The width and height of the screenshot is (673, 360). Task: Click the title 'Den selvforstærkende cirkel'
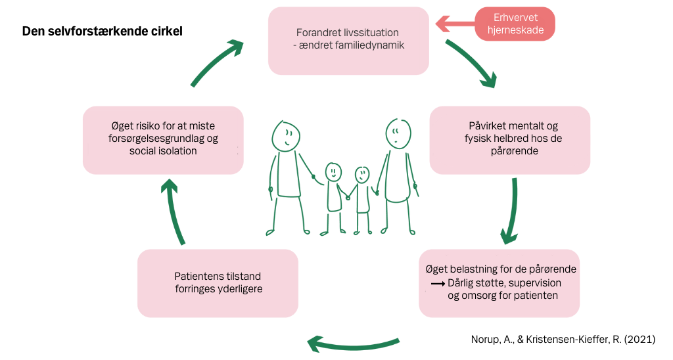102,32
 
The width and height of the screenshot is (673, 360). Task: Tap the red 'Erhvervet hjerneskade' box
515,24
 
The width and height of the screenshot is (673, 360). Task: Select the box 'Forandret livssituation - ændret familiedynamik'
348,41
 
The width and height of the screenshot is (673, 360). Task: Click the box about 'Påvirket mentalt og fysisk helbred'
510,141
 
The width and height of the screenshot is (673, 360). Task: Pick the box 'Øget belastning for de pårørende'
499,283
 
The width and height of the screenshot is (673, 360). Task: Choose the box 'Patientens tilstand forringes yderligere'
218,283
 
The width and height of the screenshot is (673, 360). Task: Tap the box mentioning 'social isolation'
163,141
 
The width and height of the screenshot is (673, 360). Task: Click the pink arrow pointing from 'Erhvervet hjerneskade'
455,24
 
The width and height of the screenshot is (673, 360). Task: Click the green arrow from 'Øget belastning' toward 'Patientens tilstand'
353,344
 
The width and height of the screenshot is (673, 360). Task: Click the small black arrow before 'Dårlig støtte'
438,284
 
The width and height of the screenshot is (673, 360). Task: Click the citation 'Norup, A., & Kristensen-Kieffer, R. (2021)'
563,340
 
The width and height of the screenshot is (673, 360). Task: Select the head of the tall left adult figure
285,135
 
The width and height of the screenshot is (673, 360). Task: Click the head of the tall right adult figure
398,133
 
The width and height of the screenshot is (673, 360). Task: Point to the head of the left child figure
333,173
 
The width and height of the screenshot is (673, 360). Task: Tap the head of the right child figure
362,175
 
